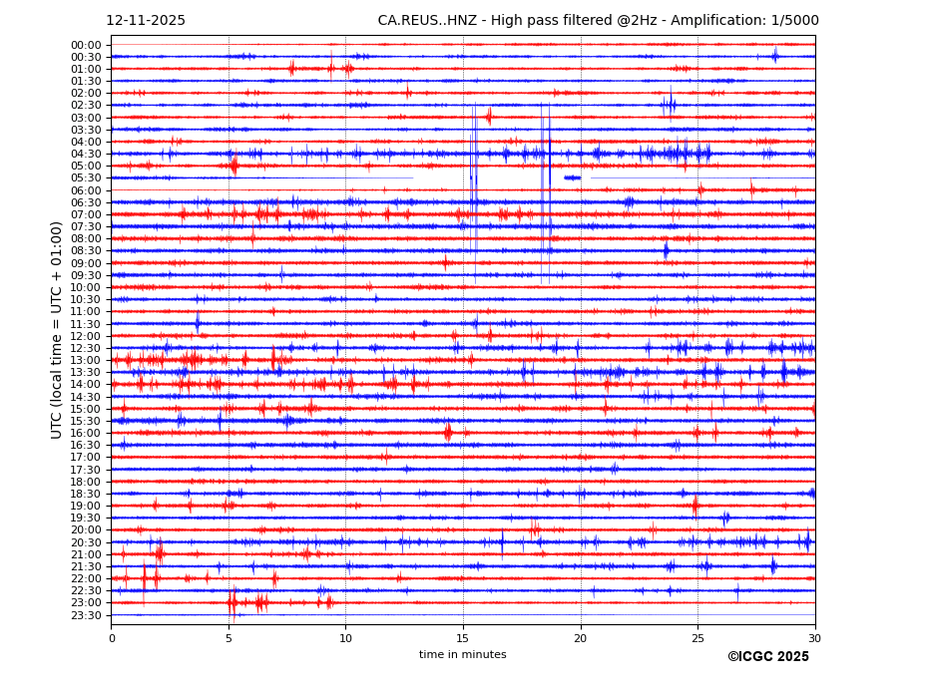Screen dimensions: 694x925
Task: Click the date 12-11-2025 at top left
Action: pyautogui.click(x=146, y=21)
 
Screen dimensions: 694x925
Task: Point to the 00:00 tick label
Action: pyautogui.click(x=86, y=45)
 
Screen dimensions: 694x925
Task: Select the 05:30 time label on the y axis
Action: pyautogui.click(x=86, y=178)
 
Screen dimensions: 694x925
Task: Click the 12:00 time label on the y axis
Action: pyautogui.click(x=86, y=336)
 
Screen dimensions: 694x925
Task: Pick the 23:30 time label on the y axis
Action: pyautogui.click(x=86, y=615)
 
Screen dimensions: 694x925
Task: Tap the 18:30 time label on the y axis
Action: pyautogui.click(x=86, y=494)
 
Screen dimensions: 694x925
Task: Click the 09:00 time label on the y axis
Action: pyautogui.click(x=86, y=263)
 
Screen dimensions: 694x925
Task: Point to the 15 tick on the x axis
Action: pyautogui.click(x=463, y=638)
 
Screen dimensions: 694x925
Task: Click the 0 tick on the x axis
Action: pyautogui.click(x=112, y=638)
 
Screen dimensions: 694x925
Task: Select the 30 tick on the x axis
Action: pyautogui.click(x=815, y=638)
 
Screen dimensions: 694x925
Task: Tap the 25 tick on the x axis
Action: pyautogui.click(x=697, y=638)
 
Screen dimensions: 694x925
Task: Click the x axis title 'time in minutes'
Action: pyautogui.click(x=463, y=655)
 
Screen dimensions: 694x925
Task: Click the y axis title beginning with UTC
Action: pyautogui.click(x=57, y=330)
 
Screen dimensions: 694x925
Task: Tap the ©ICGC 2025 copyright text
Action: pyautogui.click(x=767, y=657)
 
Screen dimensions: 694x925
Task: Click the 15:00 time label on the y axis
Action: pyautogui.click(x=86, y=409)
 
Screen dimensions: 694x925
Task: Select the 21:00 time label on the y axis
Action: pyautogui.click(x=86, y=554)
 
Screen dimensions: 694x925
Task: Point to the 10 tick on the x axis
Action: pyautogui.click(x=345, y=638)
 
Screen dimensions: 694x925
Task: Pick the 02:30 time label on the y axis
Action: pyautogui.click(x=86, y=106)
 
